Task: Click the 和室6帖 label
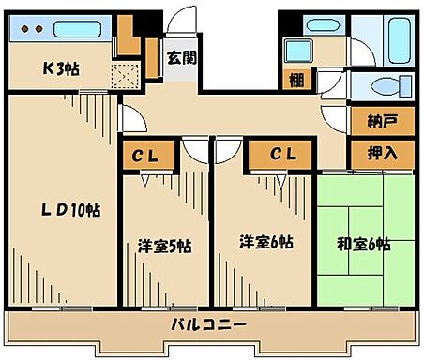point(363,246)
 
